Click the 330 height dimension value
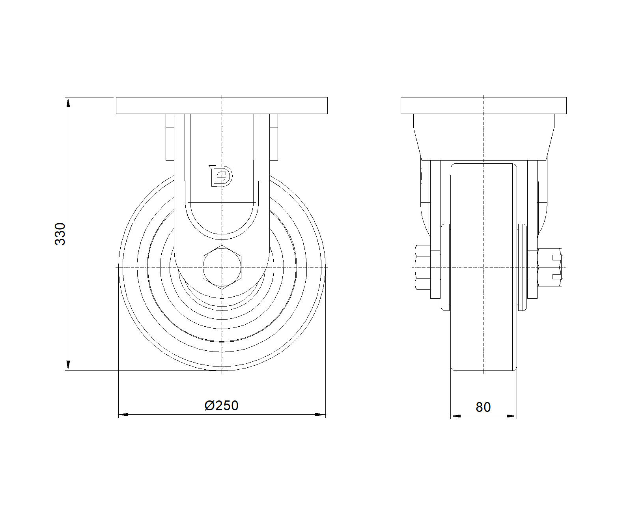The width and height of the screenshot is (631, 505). click(x=60, y=234)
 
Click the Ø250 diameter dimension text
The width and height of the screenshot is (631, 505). click(x=221, y=406)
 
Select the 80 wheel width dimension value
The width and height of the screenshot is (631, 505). click(x=483, y=407)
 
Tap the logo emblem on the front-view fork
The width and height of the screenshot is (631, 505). click(x=221, y=176)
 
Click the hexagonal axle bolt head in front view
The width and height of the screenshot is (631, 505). click(x=222, y=267)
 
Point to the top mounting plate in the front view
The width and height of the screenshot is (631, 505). click(x=222, y=105)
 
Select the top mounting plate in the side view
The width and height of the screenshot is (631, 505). click(x=484, y=105)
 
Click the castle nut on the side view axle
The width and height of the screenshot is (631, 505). click(x=550, y=267)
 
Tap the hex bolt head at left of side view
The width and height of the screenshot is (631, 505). click(x=423, y=267)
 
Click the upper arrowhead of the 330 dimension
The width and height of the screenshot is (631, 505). click(x=68, y=103)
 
